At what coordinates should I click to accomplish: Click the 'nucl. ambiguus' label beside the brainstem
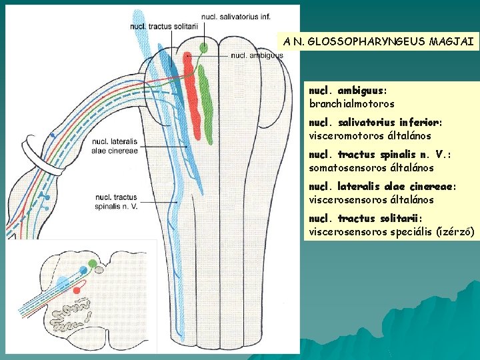257,56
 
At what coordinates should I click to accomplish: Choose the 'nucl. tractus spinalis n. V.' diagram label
116,201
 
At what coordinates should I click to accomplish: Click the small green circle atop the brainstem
203,47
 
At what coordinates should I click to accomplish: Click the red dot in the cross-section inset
77,291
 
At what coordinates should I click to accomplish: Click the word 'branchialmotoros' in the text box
351,104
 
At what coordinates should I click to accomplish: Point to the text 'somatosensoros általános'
371,168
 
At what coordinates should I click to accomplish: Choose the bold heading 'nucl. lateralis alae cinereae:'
381,187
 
